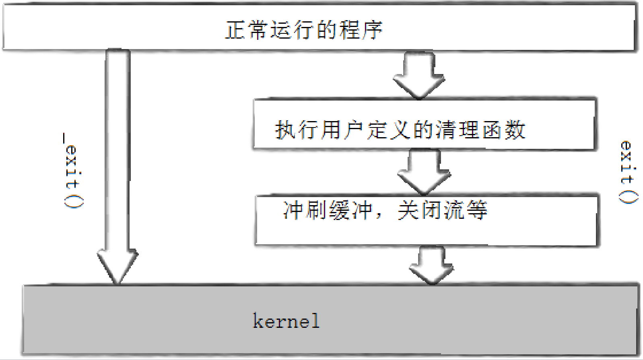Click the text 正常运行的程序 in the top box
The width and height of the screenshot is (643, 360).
tap(304, 30)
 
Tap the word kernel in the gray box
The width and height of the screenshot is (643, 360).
tap(286, 321)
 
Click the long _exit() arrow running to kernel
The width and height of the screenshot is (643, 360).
tap(117, 161)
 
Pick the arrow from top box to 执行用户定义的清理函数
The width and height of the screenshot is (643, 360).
tap(419, 74)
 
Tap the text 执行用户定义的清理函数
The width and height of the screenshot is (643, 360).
tap(400, 130)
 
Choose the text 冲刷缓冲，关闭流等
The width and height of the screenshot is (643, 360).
tap(385, 210)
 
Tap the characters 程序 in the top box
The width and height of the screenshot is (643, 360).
tap(360, 30)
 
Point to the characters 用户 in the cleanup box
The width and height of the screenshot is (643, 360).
tap(343, 130)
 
